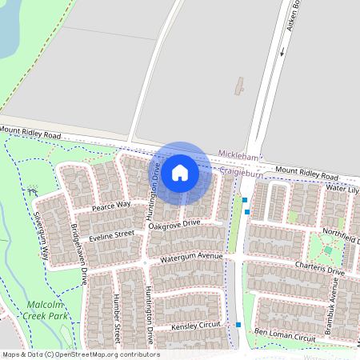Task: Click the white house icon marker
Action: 180,172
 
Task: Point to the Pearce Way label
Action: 110,206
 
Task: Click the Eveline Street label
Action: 111,235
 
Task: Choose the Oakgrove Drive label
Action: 174,226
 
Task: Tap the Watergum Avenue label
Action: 190,257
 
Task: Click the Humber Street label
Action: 117,314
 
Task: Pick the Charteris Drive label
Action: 318,270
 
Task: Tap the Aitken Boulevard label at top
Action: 293,16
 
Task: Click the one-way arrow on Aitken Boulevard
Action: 282,53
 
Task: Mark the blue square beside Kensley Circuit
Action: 238,325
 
